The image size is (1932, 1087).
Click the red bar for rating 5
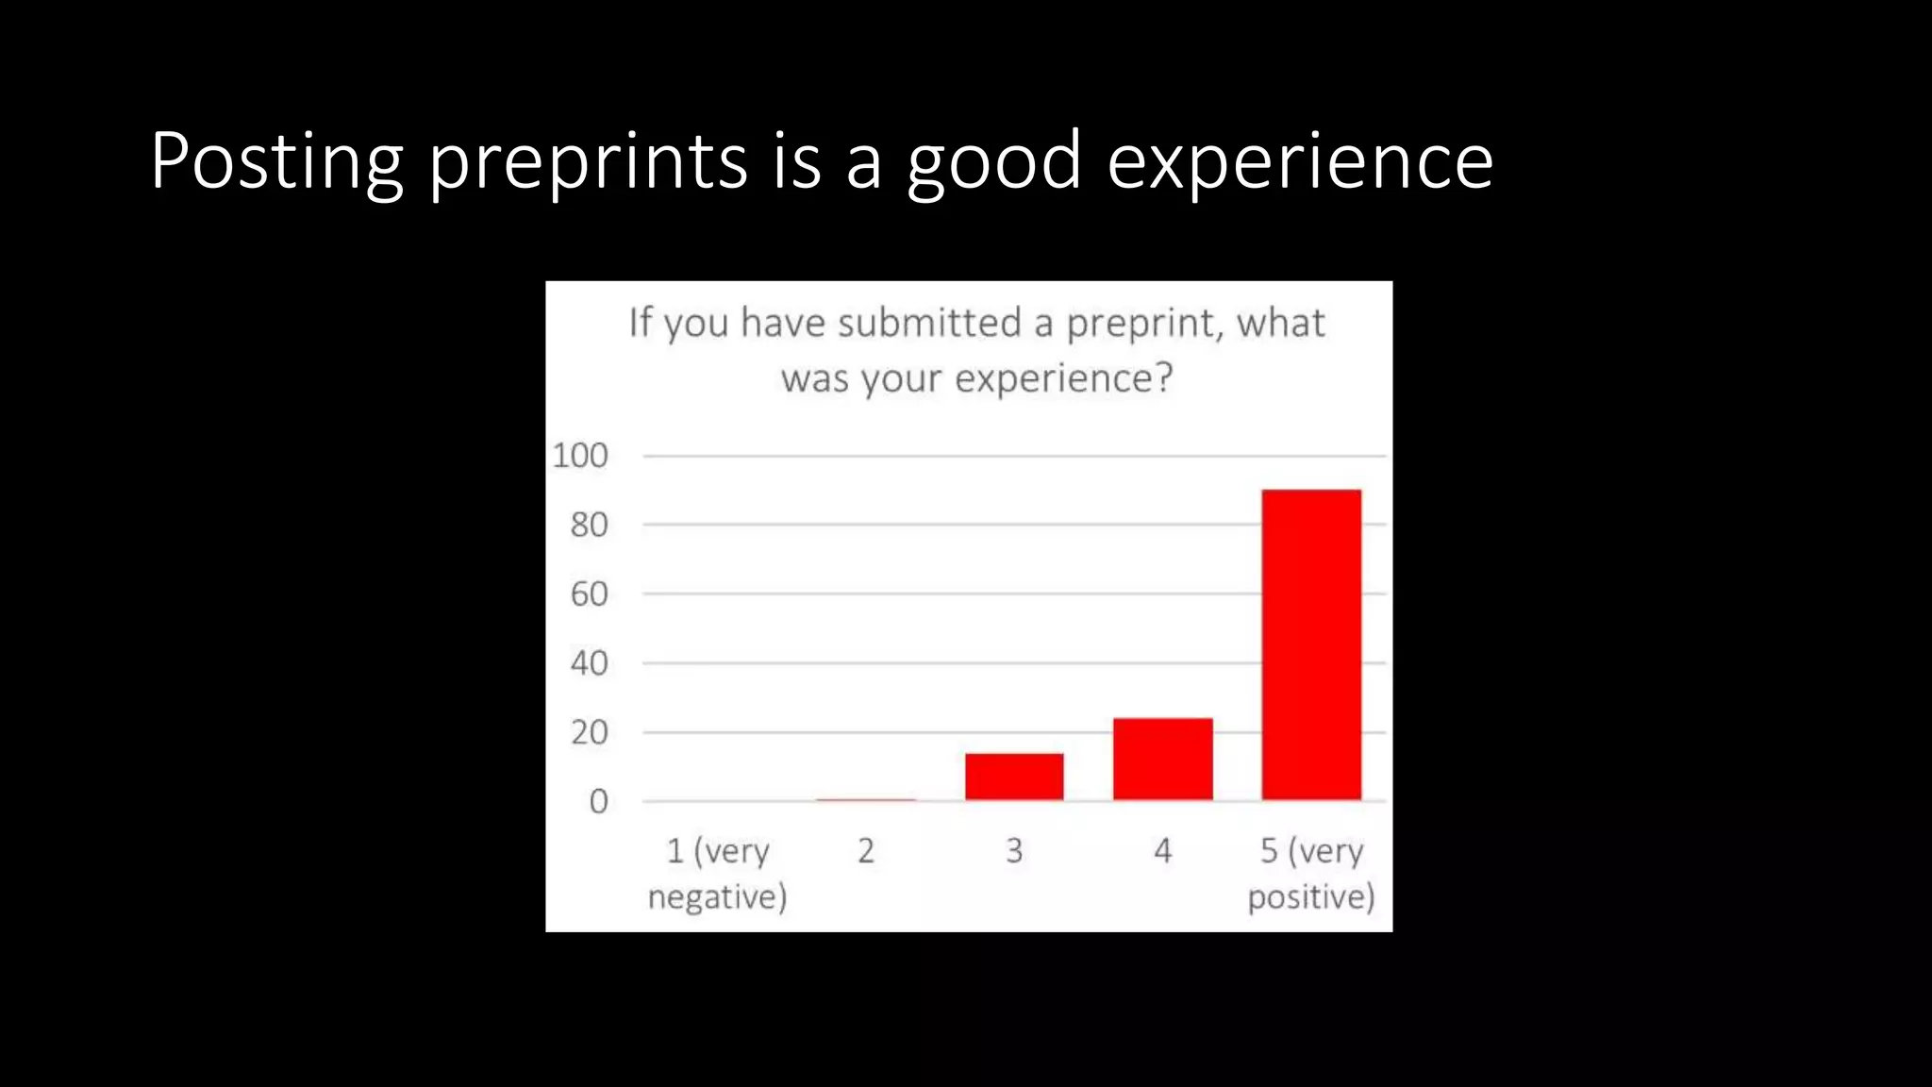[x=1311, y=644]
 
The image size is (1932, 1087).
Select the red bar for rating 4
[x=1162, y=760]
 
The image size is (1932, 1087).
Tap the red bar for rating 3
[x=1014, y=777]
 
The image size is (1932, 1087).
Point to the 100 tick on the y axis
[x=580, y=456]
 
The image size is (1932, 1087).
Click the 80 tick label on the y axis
[x=589, y=526]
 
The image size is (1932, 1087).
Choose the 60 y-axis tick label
[x=589, y=594]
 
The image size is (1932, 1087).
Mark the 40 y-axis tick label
[x=589, y=663]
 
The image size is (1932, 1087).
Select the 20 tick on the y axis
[x=589, y=732]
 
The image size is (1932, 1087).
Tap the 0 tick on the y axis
[x=598, y=802]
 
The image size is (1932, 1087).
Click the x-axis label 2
[x=866, y=851]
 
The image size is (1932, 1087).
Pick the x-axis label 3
[x=1014, y=851]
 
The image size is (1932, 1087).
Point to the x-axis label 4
[x=1162, y=851]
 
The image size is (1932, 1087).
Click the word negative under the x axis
[x=717, y=897]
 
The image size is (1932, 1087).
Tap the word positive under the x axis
[x=1310, y=897]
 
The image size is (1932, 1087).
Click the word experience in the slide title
[x=1300, y=162]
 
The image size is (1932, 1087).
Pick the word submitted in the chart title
[x=929, y=324]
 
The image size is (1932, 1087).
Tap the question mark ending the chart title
[x=1164, y=378]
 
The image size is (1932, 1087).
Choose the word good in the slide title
[x=994, y=162]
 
